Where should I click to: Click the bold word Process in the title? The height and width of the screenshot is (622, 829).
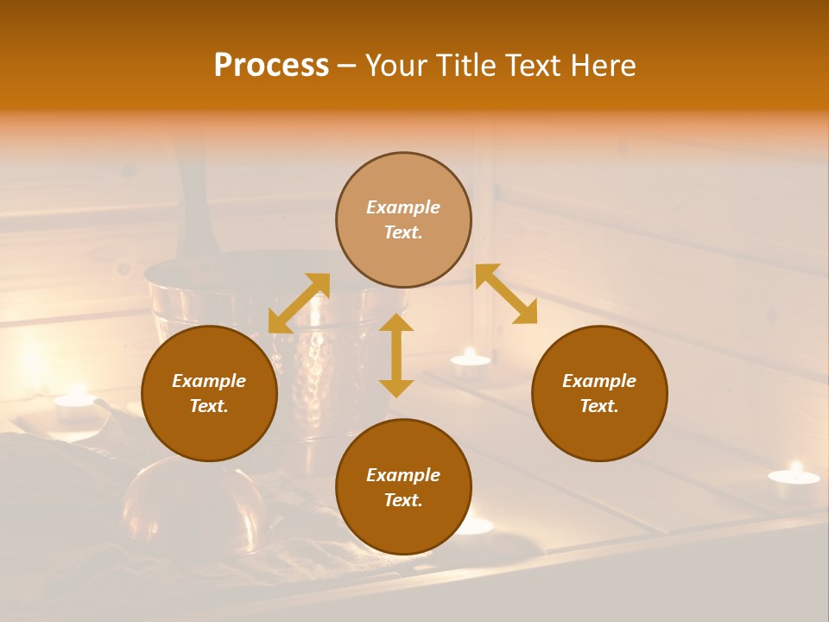point(271,66)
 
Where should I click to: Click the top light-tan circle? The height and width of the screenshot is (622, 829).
point(403,220)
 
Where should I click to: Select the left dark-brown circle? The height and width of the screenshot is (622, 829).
point(209,393)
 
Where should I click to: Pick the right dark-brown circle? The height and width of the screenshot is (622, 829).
point(599,393)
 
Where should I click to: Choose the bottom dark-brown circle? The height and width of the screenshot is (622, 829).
point(403,487)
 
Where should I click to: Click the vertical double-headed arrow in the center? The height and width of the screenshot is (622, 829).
point(396,355)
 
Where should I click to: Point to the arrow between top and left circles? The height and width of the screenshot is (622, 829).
point(299,303)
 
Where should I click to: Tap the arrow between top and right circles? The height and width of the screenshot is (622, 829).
point(507,294)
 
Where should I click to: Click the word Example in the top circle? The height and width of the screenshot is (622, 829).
point(403,207)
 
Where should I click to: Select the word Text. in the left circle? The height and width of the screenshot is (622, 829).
point(209,406)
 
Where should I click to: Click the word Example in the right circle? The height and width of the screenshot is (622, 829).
point(599,381)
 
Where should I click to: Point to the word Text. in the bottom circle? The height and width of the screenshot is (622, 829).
point(403,500)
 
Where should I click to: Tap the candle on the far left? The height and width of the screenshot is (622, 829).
point(75,404)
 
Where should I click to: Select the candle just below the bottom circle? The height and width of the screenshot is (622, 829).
point(475,526)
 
